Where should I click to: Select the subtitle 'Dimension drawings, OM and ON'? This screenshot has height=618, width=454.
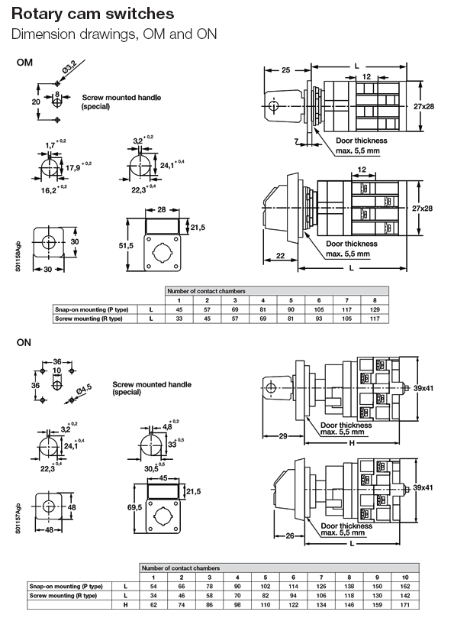[114, 34]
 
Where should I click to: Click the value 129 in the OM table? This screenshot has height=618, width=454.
[374, 309]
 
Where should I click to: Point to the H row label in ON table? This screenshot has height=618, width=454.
[125, 604]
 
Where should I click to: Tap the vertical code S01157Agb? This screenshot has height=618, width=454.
[18, 523]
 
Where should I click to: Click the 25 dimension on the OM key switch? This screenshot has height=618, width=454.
[285, 70]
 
